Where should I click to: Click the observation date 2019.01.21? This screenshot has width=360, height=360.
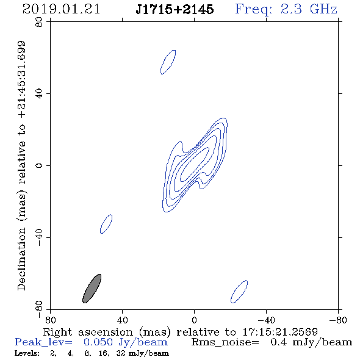(x=61, y=9)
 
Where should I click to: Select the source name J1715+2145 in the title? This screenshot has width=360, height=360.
(x=175, y=9)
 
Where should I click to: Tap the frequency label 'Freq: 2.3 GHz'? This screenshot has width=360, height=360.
(x=286, y=9)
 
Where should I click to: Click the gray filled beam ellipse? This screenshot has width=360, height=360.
(x=92, y=289)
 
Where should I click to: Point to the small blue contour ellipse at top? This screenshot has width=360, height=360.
(x=168, y=62)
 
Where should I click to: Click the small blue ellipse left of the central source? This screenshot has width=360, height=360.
(x=106, y=224)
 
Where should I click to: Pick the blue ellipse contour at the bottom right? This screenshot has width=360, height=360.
(x=239, y=292)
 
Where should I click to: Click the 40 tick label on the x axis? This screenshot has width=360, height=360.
(x=122, y=320)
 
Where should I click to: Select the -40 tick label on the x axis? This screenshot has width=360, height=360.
(x=266, y=320)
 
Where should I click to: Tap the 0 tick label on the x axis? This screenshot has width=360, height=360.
(x=194, y=320)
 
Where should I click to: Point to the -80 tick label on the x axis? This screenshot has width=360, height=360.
(x=338, y=320)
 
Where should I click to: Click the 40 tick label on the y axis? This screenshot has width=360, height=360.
(x=39, y=94)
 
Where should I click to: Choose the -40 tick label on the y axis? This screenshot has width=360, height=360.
(x=39, y=237)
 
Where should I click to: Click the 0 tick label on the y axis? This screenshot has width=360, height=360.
(x=39, y=165)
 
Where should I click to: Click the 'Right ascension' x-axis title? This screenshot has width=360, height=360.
(x=88, y=332)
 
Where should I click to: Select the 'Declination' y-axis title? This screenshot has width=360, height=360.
(x=21, y=259)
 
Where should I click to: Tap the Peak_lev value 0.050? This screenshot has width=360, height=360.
(x=98, y=342)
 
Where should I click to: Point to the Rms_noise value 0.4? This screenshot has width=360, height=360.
(x=279, y=342)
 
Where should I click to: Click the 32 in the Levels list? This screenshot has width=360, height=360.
(x=121, y=353)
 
